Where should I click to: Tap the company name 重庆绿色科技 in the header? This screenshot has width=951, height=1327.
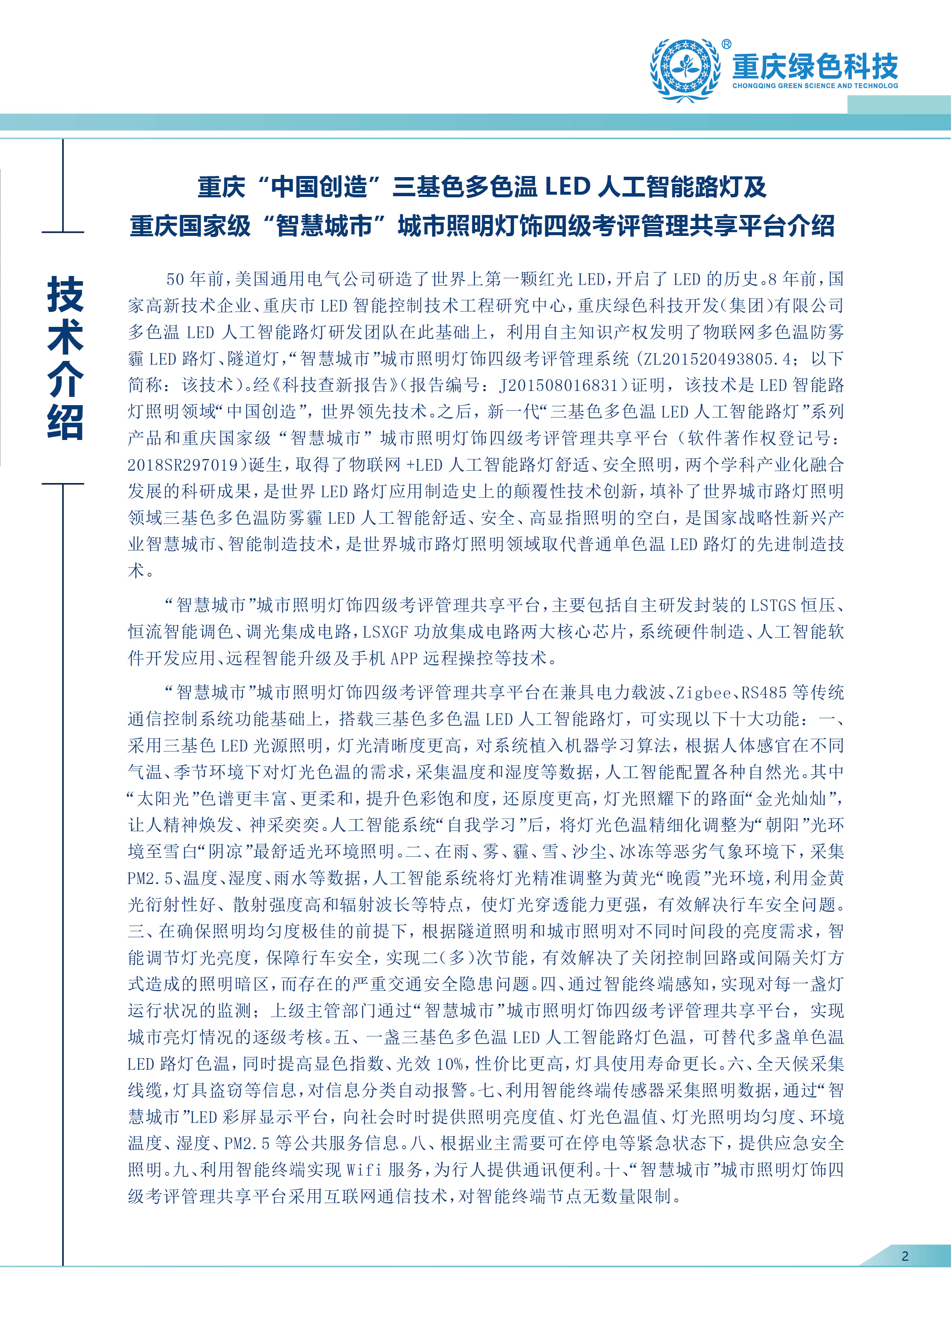[x=815, y=66]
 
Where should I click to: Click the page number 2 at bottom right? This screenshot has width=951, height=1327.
[x=905, y=1255]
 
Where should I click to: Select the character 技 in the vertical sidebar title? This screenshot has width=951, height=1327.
[x=65, y=294]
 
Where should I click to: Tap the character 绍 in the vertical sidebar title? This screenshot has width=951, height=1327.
[x=65, y=421]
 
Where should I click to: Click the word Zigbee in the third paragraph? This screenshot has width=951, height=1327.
[x=704, y=693]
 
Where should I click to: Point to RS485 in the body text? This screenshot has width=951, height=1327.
[x=764, y=693]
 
